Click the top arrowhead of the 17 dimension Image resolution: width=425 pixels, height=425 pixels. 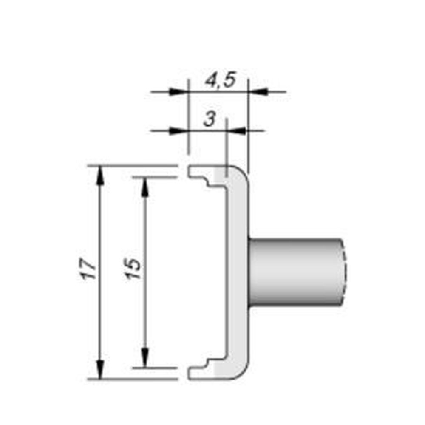(100, 174)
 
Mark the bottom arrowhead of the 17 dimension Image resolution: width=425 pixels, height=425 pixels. (100, 370)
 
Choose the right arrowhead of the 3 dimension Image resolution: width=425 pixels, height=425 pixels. (238, 130)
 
